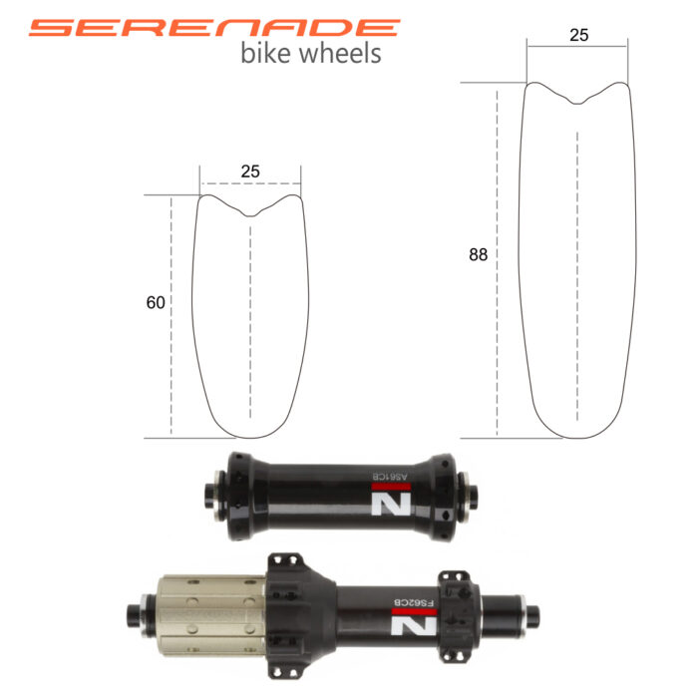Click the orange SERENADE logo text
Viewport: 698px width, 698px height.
point(214,28)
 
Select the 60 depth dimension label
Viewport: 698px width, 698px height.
point(156,303)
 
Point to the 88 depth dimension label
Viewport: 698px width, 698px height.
point(478,254)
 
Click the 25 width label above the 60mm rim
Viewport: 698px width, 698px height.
point(250,172)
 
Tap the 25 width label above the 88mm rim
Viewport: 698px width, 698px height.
point(578,35)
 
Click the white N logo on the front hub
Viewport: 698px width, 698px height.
point(391,504)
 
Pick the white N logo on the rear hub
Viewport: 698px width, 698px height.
point(414,626)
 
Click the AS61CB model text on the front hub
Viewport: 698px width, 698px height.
point(390,477)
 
